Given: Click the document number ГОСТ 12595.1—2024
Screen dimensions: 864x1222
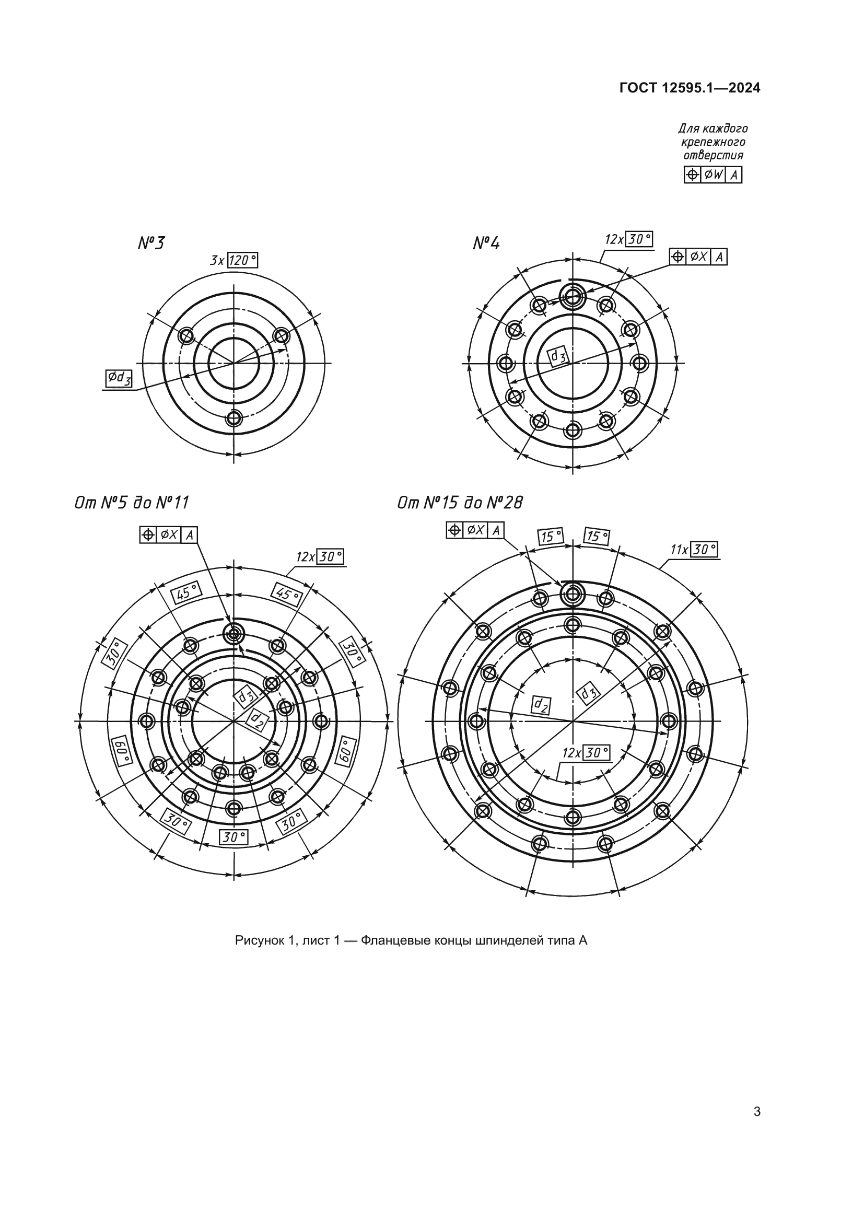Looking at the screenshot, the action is pyautogui.click(x=690, y=88).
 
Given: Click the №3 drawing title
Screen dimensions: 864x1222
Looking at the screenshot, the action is pyautogui.click(x=151, y=243).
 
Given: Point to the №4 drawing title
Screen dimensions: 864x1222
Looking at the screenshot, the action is pyautogui.click(x=486, y=243).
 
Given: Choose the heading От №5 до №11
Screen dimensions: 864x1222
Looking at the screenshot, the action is pyautogui.click(x=132, y=503).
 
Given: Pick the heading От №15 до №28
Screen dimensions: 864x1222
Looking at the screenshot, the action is pyautogui.click(x=460, y=503).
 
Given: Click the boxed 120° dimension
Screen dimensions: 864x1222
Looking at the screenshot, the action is pyautogui.click(x=242, y=260).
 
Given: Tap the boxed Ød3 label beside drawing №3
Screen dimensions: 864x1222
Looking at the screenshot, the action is pyautogui.click(x=119, y=378).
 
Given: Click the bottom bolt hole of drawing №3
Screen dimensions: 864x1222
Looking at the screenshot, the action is pyautogui.click(x=233, y=417).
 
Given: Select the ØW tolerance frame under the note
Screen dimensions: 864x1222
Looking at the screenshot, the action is pyautogui.click(x=713, y=174).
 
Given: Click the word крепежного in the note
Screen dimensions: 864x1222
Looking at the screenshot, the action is pyautogui.click(x=713, y=142).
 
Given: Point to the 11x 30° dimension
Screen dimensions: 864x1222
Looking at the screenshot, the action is pyautogui.click(x=694, y=549).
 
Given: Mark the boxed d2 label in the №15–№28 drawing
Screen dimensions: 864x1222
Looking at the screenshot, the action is pyautogui.click(x=542, y=705).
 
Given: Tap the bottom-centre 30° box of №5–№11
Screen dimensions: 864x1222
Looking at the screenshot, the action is pyautogui.click(x=233, y=837).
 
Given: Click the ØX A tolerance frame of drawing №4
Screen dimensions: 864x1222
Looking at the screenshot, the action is pyautogui.click(x=698, y=257).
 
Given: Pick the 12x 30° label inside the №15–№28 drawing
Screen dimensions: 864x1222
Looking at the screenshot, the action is pyautogui.click(x=586, y=752).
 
